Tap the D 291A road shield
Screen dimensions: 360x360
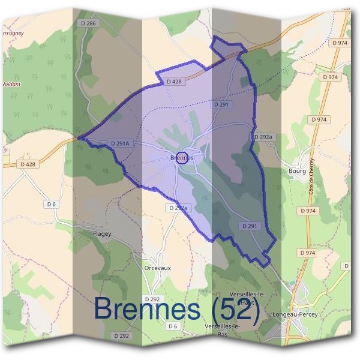pyautogui.click(x=120, y=143)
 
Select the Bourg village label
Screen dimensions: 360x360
pyautogui.click(x=297, y=171)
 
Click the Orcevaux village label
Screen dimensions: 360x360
pyautogui.click(x=158, y=268)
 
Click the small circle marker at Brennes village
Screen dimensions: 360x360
pyautogui.click(x=183, y=158)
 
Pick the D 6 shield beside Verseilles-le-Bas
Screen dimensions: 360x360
pyautogui.click(x=173, y=326)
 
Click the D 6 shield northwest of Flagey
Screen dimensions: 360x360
pyautogui.click(x=51, y=205)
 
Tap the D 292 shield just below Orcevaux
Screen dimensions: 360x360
pyautogui.click(x=152, y=299)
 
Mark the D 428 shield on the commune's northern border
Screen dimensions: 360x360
pyautogui.click(x=174, y=81)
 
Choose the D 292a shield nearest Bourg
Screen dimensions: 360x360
pyautogui.click(x=263, y=137)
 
